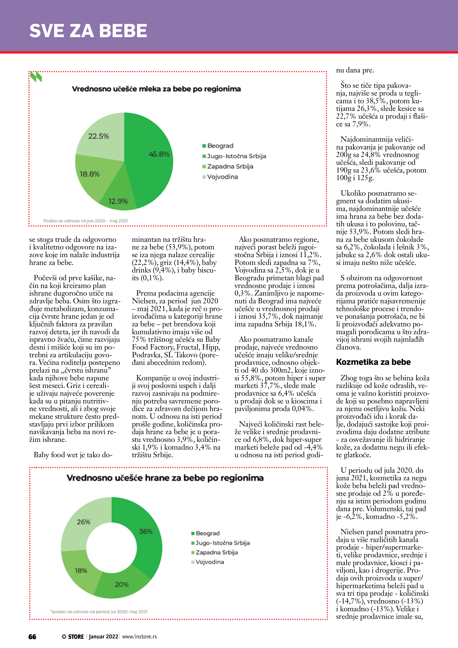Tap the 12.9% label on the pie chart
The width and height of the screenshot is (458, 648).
pyautogui.click(x=118, y=201)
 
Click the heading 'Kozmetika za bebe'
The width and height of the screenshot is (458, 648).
pyautogui.click(x=373, y=362)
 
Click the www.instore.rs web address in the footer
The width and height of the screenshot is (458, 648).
pyautogui.click(x=139, y=637)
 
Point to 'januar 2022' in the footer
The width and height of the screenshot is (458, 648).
pyautogui.click(x=103, y=637)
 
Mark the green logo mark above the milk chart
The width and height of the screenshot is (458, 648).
pyautogui.click(x=36, y=77)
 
